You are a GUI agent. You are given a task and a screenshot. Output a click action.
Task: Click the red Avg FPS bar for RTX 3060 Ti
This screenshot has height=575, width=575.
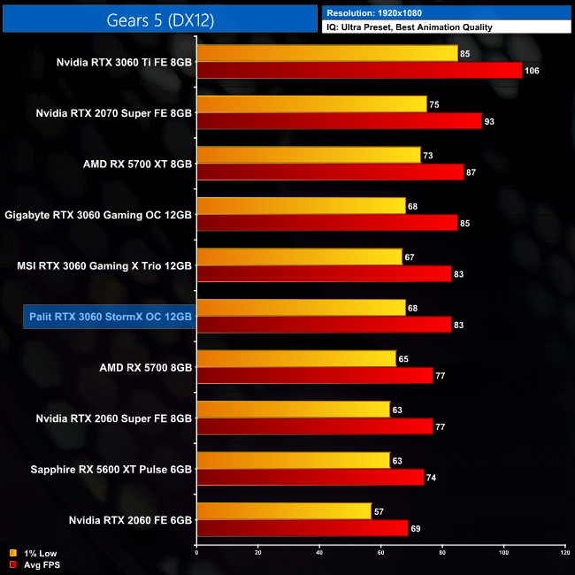point(359,71)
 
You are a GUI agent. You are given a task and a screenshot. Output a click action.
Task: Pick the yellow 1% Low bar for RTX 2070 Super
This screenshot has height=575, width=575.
point(311,103)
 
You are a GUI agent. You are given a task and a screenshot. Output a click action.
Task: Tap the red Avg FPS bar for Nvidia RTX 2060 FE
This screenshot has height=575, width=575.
point(303,528)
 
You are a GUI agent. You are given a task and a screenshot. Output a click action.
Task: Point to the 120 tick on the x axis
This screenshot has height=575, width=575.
point(564,553)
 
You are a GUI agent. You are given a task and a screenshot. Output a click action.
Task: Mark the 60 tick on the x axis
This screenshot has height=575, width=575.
point(380,553)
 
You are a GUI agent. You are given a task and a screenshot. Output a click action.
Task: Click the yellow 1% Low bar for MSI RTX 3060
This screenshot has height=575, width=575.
point(299,257)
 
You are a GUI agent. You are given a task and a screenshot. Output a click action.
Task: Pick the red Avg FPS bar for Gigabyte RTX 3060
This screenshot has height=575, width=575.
point(327,223)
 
